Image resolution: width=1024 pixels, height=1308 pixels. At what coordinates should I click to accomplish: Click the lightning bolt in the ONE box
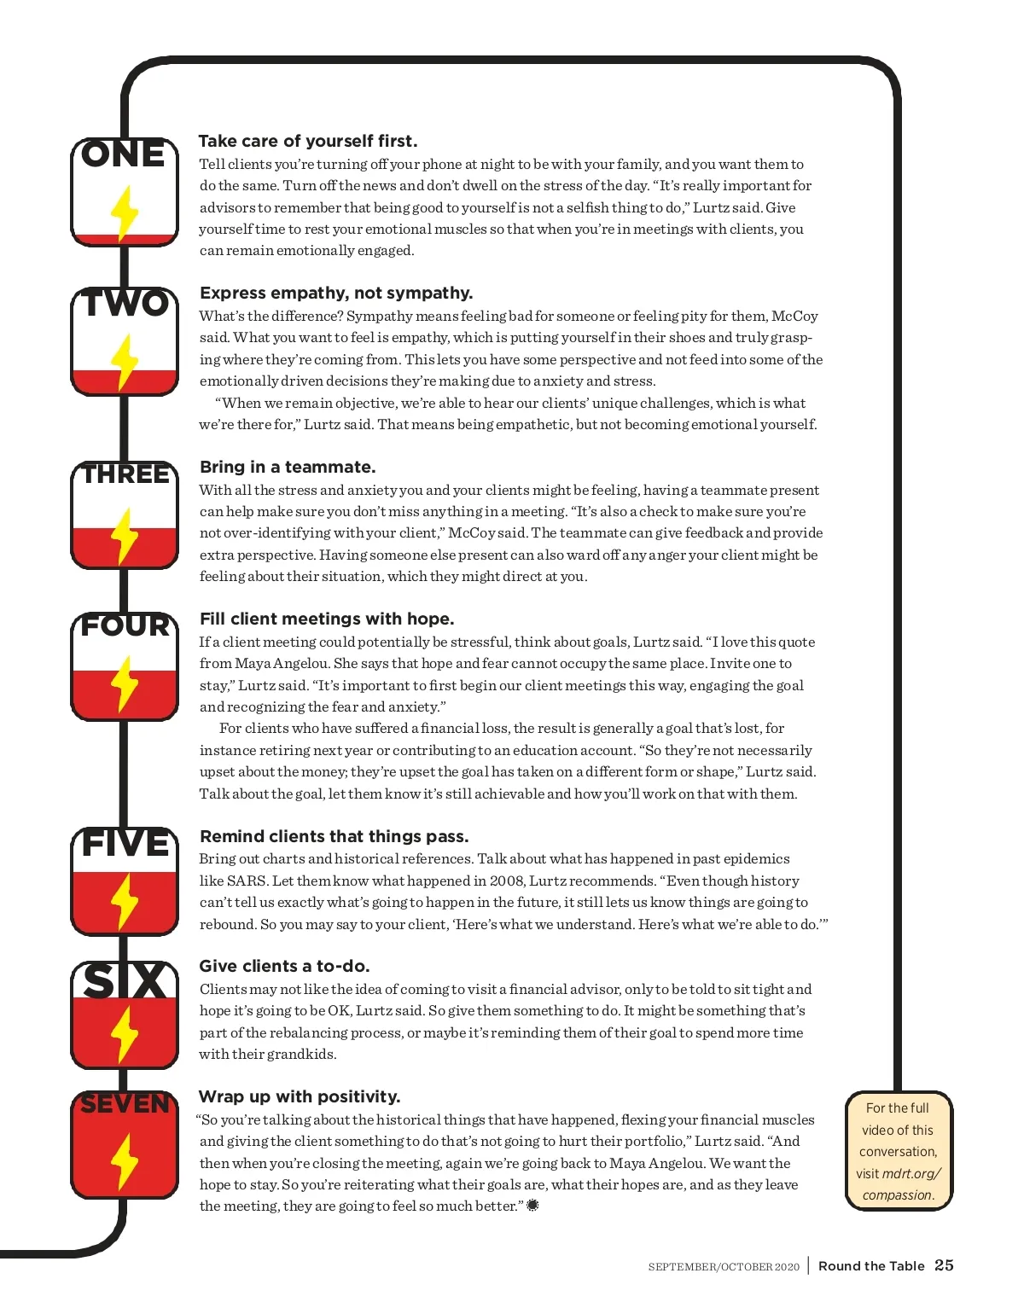point(125,213)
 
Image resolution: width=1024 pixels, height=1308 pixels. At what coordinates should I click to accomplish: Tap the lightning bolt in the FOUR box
point(125,683)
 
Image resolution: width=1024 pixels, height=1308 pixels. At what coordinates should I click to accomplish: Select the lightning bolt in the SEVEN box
point(125,1160)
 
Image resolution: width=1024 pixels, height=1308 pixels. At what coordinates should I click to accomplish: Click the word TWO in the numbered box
point(125,304)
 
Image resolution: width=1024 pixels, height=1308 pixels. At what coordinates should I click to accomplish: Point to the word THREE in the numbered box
point(125,474)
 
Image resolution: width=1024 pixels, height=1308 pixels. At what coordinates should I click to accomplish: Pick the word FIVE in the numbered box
point(125,844)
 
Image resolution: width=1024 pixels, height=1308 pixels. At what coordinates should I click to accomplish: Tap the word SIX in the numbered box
point(125,981)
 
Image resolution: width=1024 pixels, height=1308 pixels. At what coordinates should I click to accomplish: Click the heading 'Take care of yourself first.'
point(308,141)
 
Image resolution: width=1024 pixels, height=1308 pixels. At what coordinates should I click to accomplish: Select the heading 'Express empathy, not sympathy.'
point(336,293)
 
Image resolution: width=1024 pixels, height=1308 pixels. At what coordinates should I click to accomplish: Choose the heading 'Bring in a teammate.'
point(288,467)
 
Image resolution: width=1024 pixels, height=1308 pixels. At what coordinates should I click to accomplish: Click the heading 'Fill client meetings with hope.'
point(327,619)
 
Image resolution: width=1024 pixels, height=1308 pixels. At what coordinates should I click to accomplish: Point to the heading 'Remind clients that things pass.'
point(334,836)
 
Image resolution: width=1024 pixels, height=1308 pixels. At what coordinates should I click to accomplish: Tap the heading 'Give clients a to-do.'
point(284,966)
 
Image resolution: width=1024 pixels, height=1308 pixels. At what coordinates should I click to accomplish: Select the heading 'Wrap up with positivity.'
point(300,1096)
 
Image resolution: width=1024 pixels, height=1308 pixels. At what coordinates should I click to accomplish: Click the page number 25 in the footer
point(944,1265)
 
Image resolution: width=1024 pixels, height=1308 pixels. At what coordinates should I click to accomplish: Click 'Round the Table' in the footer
point(871,1266)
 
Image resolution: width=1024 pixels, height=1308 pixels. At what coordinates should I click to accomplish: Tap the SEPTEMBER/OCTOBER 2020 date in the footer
point(724,1267)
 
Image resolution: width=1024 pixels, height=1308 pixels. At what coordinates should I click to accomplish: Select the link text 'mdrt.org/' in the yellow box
point(911,1173)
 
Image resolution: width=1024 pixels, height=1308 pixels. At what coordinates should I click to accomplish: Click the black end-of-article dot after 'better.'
point(532,1206)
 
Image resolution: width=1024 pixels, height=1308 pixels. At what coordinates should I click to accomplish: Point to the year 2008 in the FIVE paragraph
point(507,881)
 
